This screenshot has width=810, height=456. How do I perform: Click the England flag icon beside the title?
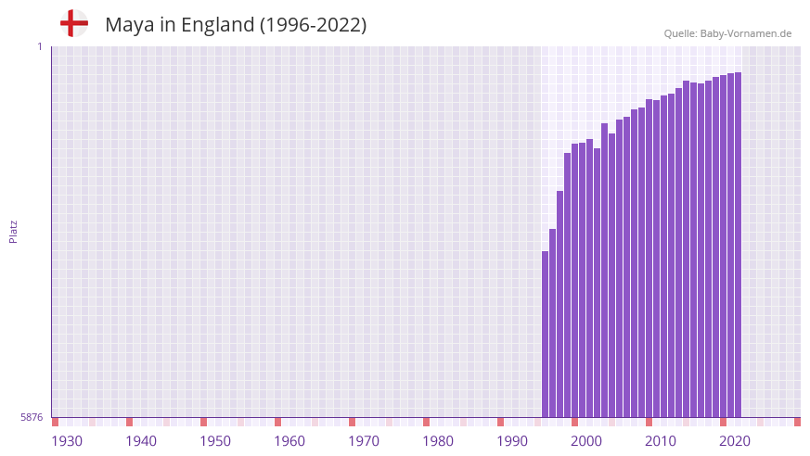click(73, 24)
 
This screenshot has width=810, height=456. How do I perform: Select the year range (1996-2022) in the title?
click(313, 25)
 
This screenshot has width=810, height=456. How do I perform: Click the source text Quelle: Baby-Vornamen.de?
click(727, 33)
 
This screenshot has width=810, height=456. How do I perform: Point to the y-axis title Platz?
click(13, 231)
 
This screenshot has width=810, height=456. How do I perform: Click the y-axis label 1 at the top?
click(39, 46)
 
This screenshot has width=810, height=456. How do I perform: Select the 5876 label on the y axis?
click(32, 418)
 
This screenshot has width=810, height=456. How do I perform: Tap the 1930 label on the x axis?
click(67, 441)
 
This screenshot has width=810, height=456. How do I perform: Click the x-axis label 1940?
click(141, 441)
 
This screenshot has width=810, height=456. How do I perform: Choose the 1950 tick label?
click(215, 441)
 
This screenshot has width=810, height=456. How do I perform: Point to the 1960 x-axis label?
click(289, 441)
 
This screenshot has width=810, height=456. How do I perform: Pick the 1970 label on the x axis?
click(364, 441)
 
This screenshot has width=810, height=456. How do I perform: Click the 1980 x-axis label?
click(438, 441)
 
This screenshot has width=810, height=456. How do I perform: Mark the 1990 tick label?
click(512, 441)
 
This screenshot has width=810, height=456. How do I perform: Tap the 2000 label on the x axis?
click(586, 441)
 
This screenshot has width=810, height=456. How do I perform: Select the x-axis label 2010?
click(661, 441)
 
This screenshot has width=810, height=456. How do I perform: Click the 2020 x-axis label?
click(735, 441)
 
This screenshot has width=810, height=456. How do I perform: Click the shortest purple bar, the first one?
click(546, 334)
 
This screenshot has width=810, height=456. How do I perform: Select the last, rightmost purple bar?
click(738, 245)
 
